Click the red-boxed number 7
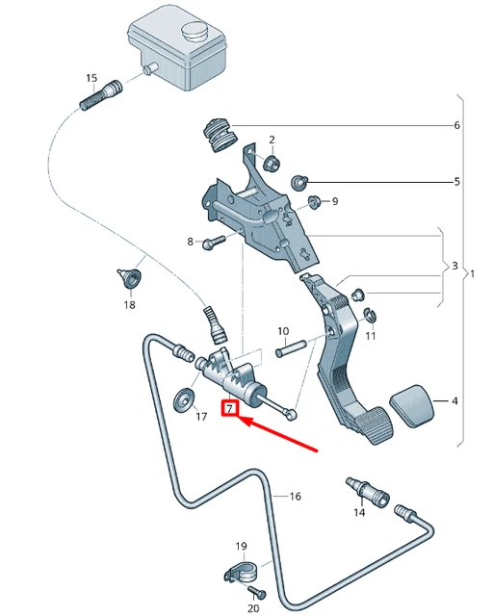point(230,409)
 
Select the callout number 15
point(91,78)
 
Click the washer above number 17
point(181,398)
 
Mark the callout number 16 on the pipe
point(295,497)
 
